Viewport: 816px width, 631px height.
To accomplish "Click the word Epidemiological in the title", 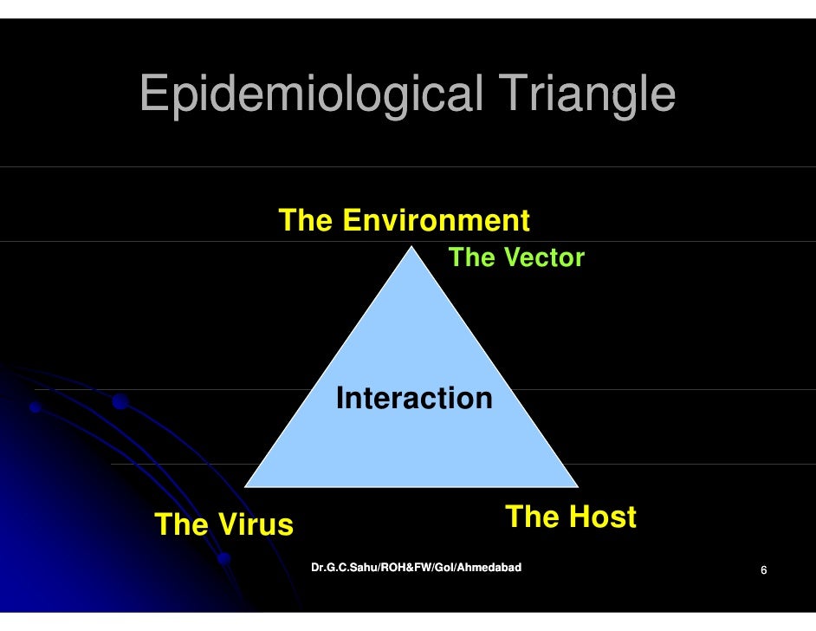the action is coord(310,94).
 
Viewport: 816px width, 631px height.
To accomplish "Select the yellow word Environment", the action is coord(436,221).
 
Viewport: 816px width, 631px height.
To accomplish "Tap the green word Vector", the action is coord(544,257).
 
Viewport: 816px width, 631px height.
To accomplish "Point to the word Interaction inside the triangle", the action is coord(414,399).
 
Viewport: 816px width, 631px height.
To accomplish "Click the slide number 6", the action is coord(763,570).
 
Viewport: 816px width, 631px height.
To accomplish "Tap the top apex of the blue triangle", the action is coord(411,248).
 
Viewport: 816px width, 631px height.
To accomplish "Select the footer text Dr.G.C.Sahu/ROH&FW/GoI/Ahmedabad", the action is coord(416,568).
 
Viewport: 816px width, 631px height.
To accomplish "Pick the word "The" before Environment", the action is coord(305,221).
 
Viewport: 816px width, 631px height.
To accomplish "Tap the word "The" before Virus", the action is coord(180,524).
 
